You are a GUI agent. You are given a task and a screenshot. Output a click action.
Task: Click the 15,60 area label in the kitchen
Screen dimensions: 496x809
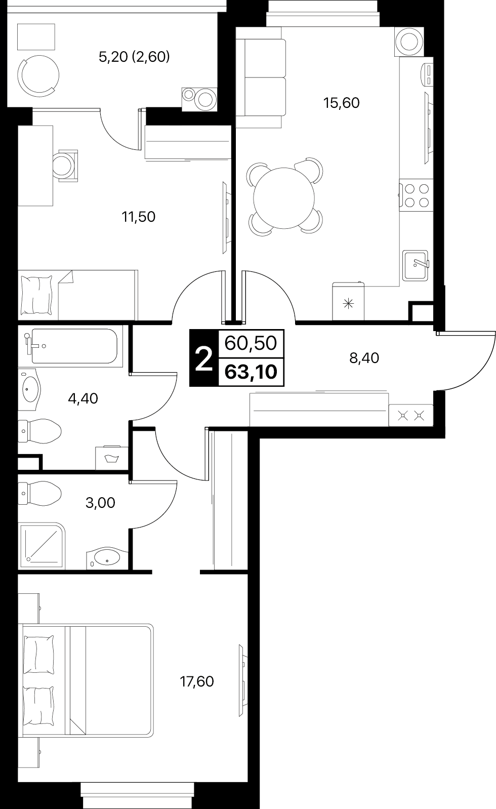point(342,103)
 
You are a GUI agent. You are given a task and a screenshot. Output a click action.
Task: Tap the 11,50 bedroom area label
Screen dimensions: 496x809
point(139,217)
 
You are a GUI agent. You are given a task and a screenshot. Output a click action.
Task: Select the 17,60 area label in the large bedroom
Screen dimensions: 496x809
point(197,681)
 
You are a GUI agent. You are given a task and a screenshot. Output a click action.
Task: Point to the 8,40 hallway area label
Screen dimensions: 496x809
point(364,358)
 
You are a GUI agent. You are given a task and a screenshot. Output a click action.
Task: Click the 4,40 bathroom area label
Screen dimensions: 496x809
point(83,398)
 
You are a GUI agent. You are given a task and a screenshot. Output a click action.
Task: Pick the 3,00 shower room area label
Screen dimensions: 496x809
point(100,502)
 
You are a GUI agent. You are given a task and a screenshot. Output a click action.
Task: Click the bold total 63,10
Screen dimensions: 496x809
point(251,372)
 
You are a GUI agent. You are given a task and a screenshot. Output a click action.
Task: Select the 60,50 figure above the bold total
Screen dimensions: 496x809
point(251,343)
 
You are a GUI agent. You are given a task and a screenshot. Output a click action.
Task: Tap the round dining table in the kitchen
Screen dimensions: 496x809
point(284,198)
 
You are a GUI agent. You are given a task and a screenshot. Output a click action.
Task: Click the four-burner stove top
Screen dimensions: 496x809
point(416,195)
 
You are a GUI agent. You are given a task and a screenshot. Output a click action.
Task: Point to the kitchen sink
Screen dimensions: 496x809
point(416,266)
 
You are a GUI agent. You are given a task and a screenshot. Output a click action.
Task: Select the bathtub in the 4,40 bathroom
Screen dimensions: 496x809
point(74,346)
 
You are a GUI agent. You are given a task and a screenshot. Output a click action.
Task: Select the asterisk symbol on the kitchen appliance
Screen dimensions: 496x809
point(348,304)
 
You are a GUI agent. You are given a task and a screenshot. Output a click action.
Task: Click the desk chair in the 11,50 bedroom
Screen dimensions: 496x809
point(66,166)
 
